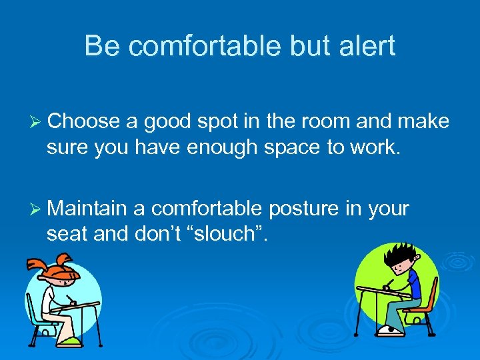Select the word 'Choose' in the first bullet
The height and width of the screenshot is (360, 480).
tap(83, 121)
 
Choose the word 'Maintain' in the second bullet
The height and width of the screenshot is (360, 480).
tap(87, 209)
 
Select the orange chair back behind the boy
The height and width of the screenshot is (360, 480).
tap(432, 293)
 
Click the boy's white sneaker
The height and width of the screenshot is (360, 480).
tap(387, 329)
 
